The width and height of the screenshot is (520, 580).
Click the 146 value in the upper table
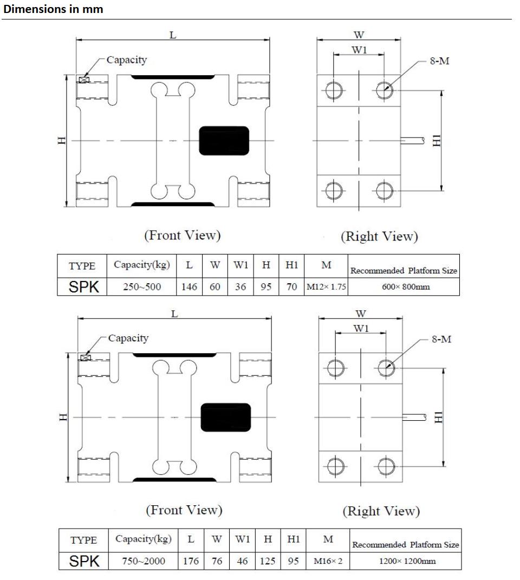coord(189,287)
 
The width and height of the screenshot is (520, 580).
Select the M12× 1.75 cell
coord(326,287)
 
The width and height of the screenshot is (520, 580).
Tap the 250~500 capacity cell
coord(142,287)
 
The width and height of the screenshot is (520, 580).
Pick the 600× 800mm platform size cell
coord(403,287)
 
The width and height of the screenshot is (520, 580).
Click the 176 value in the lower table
coord(191,561)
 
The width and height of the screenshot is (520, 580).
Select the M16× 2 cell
coord(328,561)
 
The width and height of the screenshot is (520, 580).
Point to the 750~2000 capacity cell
coord(144,561)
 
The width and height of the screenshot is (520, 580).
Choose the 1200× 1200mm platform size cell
coord(405,561)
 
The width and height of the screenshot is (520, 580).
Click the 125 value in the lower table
coord(268,561)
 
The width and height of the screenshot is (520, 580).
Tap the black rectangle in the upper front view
coord(224,140)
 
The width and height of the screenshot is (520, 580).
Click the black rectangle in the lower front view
coord(226,417)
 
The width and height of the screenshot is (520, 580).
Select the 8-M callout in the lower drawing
coord(441,340)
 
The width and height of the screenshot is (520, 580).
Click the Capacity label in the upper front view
coord(126,60)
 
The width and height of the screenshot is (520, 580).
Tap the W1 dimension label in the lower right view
coord(362,328)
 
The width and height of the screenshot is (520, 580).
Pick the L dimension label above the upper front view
coord(173,35)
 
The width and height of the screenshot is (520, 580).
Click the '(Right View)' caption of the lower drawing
coord(381,511)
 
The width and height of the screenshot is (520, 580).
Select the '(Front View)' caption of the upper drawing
coord(182,235)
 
